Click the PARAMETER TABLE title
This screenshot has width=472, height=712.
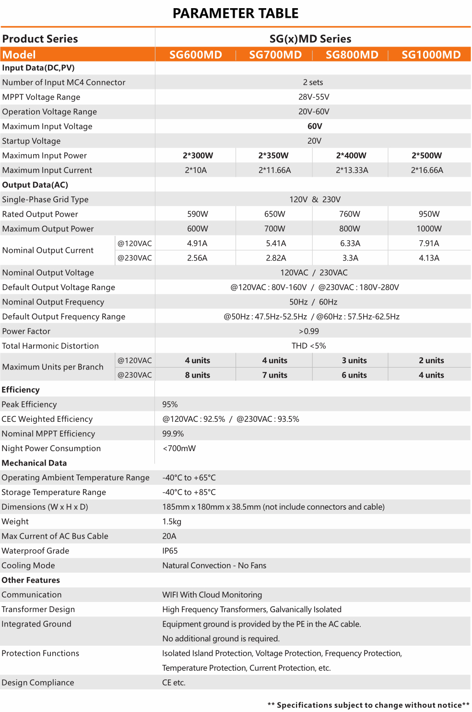click(236, 13)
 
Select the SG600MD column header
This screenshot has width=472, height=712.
click(196, 55)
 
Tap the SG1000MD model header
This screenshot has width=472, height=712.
click(431, 55)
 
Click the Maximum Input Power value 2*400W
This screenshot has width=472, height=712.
click(351, 156)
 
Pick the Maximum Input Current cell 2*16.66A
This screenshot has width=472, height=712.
click(427, 170)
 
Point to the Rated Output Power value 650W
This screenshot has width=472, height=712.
click(274, 214)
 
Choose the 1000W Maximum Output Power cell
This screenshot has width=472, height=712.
click(429, 229)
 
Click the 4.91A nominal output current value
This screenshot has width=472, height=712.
click(197, 244)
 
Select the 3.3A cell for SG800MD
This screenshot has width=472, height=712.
click(350, 258)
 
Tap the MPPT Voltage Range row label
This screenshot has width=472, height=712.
click(41, 97)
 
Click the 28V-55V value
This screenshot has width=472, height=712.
click(314, 97)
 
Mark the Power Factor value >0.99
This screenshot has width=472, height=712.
click(309, 331)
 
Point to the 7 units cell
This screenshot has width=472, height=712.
click(274, 375)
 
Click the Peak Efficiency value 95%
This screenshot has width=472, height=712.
click(170, 405)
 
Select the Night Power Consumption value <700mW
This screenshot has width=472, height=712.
click(179, 448)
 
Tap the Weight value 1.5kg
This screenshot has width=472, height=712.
click(172, 522)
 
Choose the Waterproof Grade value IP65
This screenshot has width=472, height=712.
click(170, 551)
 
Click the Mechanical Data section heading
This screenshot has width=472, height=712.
click(34, 463)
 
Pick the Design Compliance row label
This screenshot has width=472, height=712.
click(38, 683)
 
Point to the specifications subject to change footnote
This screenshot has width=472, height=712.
click(368, 705)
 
